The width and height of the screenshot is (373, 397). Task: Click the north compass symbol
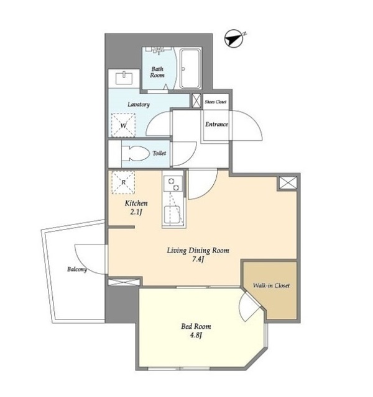234,38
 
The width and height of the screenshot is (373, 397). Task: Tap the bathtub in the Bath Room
191,68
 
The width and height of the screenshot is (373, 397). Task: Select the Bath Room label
157,72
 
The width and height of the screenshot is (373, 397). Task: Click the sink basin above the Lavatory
124,78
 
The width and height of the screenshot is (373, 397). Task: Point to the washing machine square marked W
123,125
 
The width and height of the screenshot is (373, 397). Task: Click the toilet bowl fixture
136,153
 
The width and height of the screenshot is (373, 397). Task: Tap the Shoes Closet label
216,102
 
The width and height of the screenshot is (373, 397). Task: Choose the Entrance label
216,124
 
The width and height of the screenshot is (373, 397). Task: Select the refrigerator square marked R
123,182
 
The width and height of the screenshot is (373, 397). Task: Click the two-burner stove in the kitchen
173,184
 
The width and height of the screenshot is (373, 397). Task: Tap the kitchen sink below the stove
173,215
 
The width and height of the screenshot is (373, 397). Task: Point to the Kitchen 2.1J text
136,208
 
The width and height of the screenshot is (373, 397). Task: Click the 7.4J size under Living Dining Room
198,260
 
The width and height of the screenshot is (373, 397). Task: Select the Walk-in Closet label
271,285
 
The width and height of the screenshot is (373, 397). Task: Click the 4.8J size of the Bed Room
196,335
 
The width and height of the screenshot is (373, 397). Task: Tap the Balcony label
77,269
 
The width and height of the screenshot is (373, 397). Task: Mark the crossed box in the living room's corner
288,183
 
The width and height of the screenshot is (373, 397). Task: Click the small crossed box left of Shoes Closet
196,100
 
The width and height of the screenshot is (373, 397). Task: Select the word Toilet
159,153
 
